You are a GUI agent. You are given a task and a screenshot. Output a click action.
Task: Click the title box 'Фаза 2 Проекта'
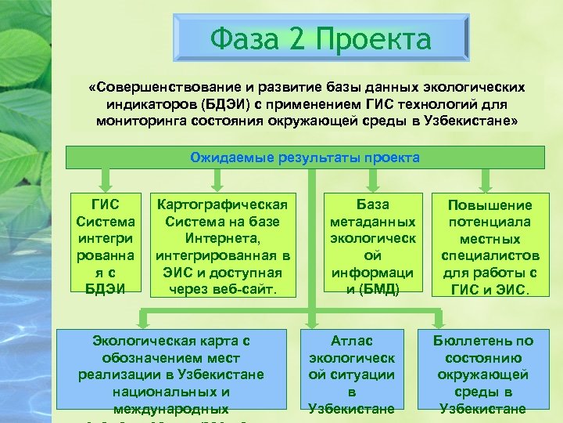(x=321, y=39)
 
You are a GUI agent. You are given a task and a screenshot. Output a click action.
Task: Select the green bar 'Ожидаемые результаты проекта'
(x=305, y=157)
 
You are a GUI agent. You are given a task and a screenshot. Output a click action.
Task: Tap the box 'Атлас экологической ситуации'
(x=352, y=374)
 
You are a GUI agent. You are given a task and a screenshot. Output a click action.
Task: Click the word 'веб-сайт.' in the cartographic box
(x=246, y=289)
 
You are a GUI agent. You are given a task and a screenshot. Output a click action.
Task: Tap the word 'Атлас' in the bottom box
(x=352, y=340)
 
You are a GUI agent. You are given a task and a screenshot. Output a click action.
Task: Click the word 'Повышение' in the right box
(x=489, y=204)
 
